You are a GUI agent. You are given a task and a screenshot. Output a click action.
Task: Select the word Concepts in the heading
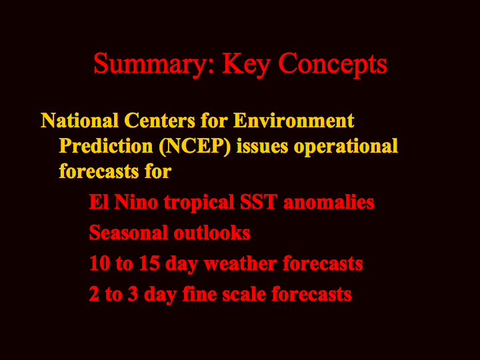click(x=333, y=64)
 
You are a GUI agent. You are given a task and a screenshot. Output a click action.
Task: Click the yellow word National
click(x=79, y=120)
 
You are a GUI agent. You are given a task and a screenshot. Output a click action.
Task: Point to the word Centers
click(x=159, y=120)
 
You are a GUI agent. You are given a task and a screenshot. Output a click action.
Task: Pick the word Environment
click(x=293, y=120)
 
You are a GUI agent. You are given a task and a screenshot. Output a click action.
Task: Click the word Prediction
click(x=106, y=146)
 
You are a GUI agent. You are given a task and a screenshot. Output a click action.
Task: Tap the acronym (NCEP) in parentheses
click(x=195, y=146)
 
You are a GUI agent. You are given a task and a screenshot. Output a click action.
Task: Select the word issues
click(x=262, y=146)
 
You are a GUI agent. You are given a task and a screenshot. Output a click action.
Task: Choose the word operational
click(x=345, y=147)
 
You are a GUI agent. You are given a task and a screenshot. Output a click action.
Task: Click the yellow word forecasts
click(x=99, y=171)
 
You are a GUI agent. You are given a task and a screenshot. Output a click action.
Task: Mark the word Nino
click(x=135, y=202)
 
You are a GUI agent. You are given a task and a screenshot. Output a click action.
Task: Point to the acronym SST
click(x=259, y=202)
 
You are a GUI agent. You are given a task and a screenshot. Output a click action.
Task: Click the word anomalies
click(x=329, y=202)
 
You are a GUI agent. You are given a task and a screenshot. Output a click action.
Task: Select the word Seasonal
click(x=128, y=233)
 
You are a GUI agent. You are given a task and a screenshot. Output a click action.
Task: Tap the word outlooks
click(x=212, y=233)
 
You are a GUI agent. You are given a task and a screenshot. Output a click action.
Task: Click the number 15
click(x=149, y=263)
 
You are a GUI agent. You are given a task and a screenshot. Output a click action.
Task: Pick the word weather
click(x=240, y=263)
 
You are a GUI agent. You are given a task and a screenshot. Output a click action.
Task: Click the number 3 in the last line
click(x=133, y=294)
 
